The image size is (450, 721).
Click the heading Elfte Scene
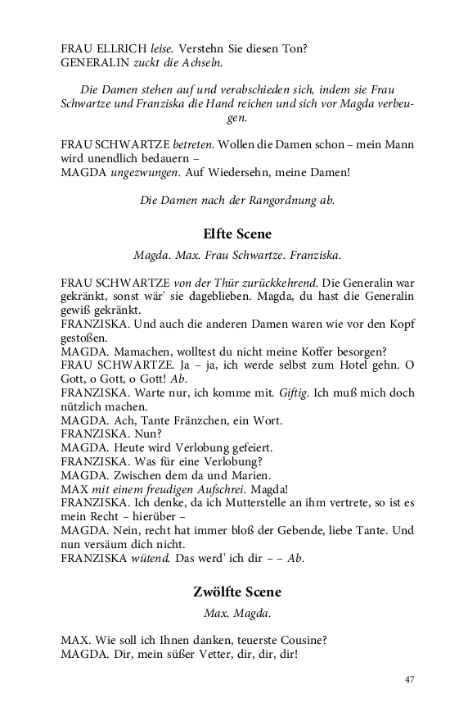236,234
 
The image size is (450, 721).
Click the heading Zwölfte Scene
236,591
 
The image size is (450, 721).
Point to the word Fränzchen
208,420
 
